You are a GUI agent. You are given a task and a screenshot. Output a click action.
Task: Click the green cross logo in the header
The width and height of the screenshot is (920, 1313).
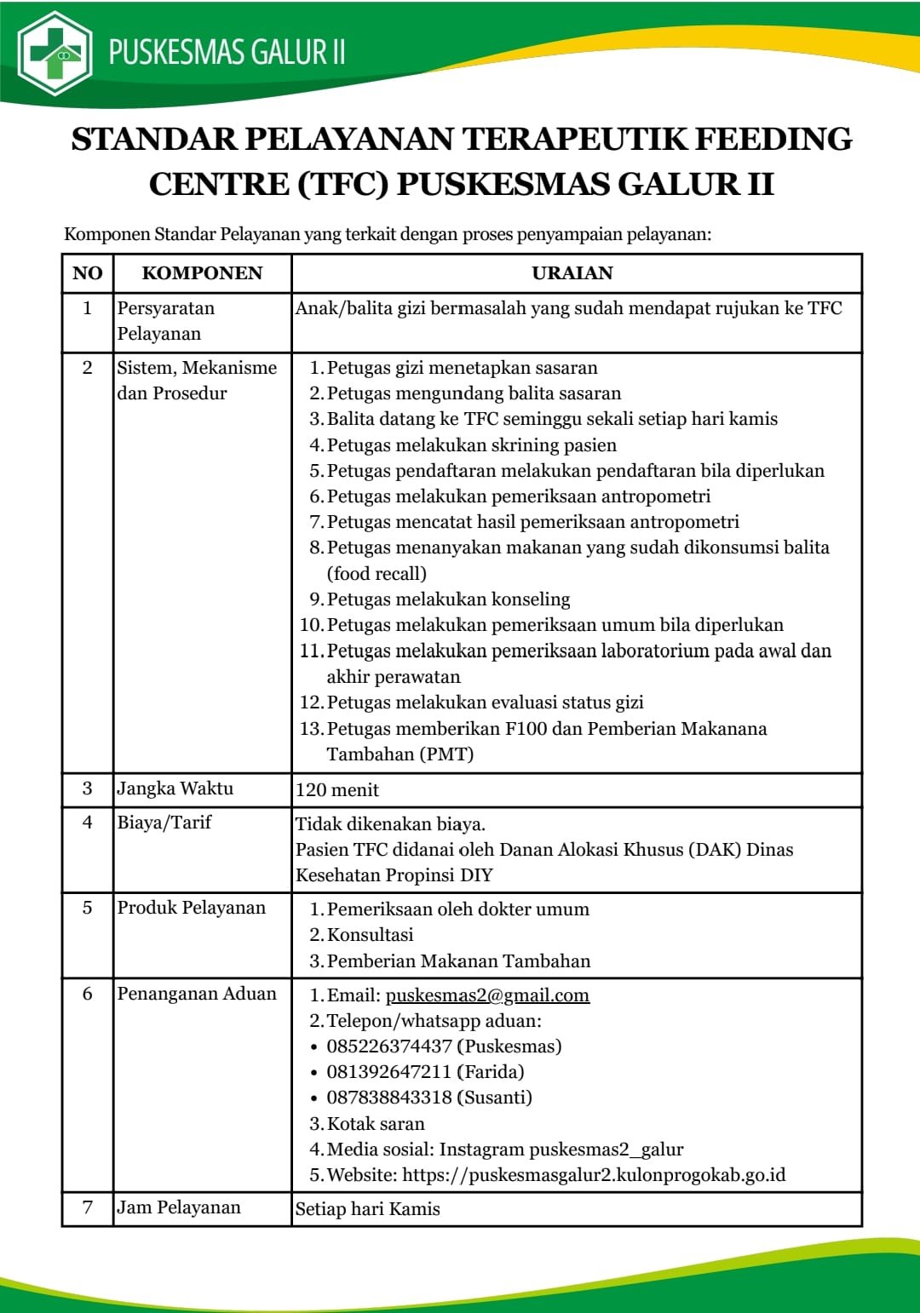point(55,54)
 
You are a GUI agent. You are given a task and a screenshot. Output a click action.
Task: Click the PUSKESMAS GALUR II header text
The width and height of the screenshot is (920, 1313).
point(227,53)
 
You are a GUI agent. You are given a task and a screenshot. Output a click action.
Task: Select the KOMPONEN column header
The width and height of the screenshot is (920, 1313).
point(202,273)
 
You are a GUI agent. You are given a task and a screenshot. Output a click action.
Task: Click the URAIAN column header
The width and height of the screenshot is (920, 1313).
point(572,273)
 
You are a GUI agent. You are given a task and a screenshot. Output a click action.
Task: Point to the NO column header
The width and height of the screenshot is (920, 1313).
point(88,273)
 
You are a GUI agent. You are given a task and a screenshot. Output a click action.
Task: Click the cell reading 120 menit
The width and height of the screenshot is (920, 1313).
point(337,790)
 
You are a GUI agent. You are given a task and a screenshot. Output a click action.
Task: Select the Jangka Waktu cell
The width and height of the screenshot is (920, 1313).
point(175,788)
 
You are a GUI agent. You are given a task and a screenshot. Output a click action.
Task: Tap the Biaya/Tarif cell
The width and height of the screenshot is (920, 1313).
point(164,823)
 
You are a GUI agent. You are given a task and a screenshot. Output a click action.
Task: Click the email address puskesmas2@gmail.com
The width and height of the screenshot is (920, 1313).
point(487,995)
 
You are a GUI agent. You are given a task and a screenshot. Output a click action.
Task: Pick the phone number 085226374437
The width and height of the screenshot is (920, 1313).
point(389,1046)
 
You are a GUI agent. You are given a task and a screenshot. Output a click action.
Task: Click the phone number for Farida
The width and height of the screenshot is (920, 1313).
point(389,1072)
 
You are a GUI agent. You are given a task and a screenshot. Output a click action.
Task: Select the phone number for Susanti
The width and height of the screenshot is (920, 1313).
point(389,1098)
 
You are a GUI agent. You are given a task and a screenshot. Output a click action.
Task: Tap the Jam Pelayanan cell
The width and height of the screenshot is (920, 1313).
point(179,1207)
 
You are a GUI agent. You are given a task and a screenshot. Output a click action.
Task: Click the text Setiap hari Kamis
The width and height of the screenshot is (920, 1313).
point(368,1209)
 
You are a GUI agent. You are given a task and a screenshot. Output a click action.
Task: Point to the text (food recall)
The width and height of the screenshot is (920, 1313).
point(377,574)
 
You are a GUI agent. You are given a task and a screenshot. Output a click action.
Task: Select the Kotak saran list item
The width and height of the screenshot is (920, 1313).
point(376,1124)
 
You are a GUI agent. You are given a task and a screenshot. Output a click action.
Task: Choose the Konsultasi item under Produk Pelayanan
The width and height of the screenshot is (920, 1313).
point(370,935)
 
